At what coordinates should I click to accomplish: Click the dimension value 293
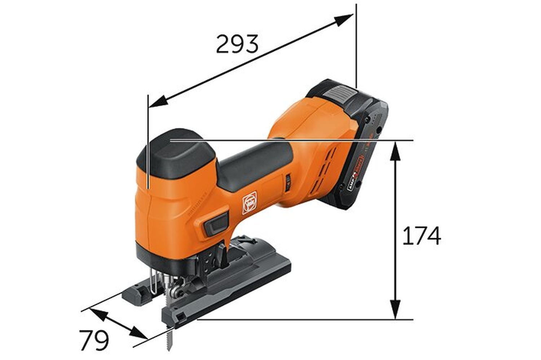(x=237, y=44)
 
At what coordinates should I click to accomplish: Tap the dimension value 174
(x=421, y=236)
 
